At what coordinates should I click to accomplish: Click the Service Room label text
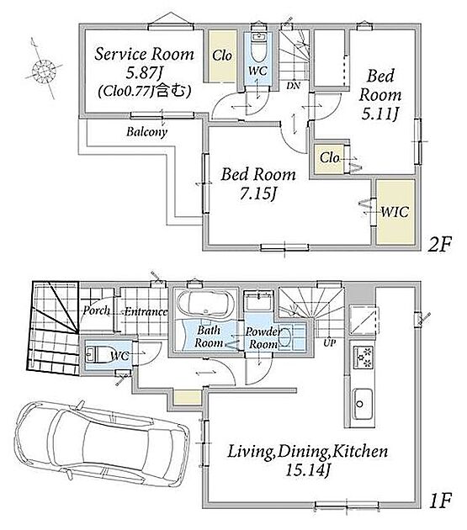coord(145,54)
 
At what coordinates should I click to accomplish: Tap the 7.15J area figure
coord(257,193)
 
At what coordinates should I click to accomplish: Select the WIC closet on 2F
coord(395,212)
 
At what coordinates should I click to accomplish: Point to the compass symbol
coord(44,71)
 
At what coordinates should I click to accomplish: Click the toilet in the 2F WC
coord(259,48)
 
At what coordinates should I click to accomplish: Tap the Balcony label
coord(146,132)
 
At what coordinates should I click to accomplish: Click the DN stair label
coord(293,86)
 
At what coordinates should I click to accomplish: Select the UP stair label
coord(329,342)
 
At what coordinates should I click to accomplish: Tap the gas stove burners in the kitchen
coord(364,358)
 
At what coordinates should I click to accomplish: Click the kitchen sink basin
coord(363,404)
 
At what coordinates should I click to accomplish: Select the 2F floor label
coord(439,244)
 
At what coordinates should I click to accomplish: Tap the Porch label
coord(97,310)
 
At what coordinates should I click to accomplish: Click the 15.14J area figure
coord(307,469)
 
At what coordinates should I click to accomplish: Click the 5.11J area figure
coord(379,114)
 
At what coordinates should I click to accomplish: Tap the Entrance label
coord(146,311)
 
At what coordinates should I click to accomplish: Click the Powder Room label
coord(263,337)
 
